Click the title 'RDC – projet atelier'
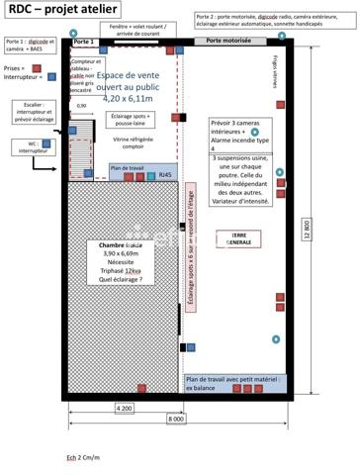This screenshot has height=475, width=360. (49, 9)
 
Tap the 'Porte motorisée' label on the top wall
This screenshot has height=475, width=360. (228, 42)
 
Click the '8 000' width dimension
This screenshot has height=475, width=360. (175, 420)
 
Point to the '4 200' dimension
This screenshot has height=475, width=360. (125, 407)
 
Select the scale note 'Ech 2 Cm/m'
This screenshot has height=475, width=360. (83, 457)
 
